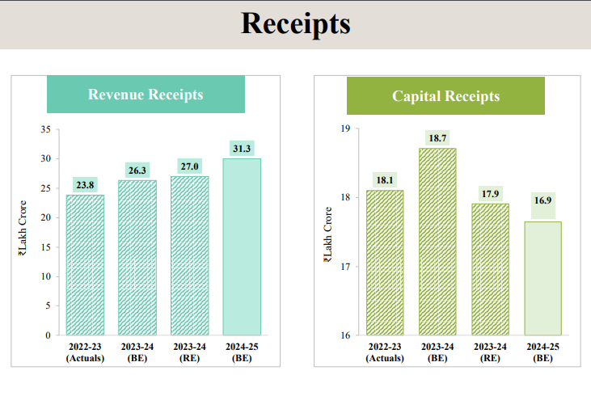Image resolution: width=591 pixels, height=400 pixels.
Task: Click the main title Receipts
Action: [295, 23]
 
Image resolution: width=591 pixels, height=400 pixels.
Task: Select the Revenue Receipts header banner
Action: [146, 95]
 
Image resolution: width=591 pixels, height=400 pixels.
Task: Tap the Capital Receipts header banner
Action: [445, 96]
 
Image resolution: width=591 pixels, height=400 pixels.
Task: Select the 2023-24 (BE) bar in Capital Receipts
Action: [437, 242]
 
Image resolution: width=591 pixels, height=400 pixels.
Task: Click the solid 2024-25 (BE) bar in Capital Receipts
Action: [543, 278]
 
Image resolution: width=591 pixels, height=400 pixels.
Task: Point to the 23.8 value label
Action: [85, 184]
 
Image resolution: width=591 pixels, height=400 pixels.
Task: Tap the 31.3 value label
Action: [242, 148]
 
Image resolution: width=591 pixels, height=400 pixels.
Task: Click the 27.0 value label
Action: [189, 166]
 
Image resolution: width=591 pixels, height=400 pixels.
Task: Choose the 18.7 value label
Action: [437, 138]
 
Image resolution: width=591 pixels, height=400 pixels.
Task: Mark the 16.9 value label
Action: [543, 200]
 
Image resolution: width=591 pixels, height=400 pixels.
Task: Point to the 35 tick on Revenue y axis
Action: [45, 129]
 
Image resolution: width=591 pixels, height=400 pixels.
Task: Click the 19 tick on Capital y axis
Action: [344, 128]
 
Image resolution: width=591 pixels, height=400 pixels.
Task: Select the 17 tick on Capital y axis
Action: [344, 267]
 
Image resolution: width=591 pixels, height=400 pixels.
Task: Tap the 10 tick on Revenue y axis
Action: [45, 276]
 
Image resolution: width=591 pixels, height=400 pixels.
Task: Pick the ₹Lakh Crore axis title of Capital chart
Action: [327, 235]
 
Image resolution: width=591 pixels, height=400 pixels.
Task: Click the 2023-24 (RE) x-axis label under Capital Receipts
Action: [490, 352]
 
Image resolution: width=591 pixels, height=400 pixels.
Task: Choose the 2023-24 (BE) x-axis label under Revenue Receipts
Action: [137, 352]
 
